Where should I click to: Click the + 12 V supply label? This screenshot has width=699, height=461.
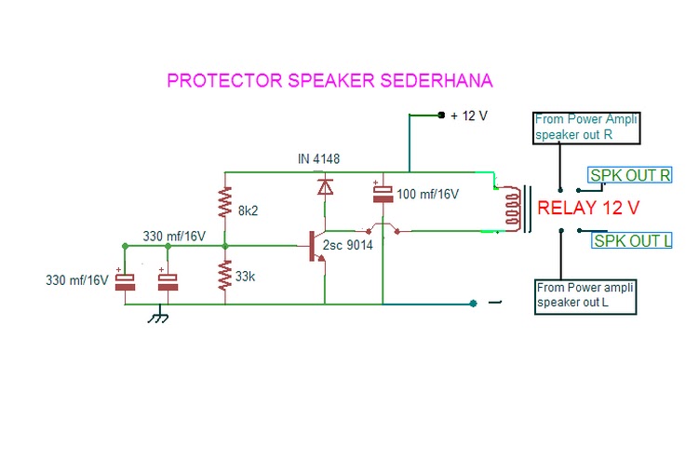pos(469,115)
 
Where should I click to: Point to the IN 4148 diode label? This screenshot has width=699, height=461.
pos(318,159)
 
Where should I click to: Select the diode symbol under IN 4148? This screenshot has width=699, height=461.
pos(325,188)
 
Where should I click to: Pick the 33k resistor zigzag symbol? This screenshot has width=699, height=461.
pos(224,277)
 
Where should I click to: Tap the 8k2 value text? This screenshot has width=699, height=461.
pos(249,211)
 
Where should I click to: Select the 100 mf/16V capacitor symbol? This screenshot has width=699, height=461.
pos(383,192)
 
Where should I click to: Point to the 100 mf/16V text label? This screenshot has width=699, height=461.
pos(429,195)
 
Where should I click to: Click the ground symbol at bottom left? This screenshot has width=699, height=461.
pos(158,317)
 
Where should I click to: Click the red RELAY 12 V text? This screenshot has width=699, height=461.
pos(588,209)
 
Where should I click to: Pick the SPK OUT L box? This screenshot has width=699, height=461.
pos(632,241)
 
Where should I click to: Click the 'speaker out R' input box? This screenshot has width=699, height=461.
pos(587,128)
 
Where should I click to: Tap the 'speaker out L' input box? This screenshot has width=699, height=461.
pos(586,295)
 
